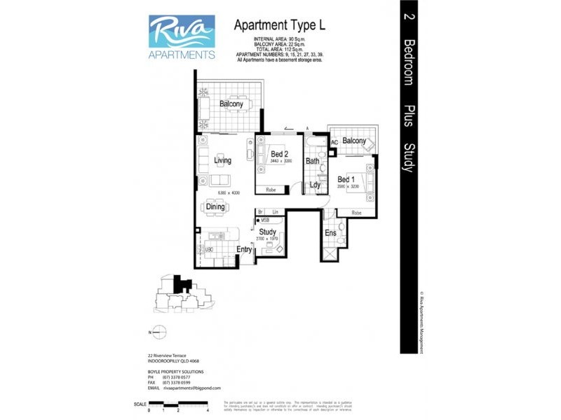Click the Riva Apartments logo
pos(182,36)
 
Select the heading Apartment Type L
pos(279,26)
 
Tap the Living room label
pos(222,160)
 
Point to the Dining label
pos(215,206)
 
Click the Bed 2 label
pos(278,154)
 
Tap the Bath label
pos(312,161)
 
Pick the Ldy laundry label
pos(315,185)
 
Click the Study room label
pos(268,232)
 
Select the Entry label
pos(244,249)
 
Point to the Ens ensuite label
pos(330,233)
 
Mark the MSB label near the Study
pos(265,220)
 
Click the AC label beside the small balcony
pos(334,142)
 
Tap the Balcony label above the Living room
pos(231,104)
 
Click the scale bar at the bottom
pos(179,405)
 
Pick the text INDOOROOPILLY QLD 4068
pos(174,361)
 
